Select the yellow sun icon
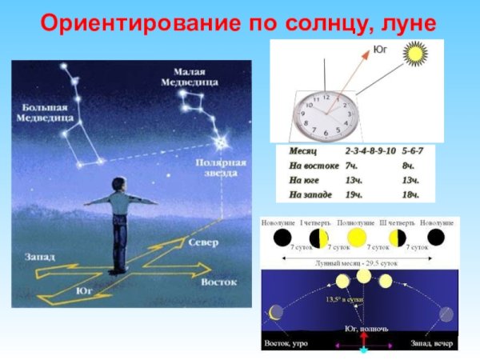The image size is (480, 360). [418, 56]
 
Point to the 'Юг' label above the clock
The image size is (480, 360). [382, 50]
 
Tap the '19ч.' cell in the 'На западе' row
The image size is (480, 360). [353, 194]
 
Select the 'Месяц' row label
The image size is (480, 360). [303, 150]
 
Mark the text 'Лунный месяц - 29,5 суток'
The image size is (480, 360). [358, 262]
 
